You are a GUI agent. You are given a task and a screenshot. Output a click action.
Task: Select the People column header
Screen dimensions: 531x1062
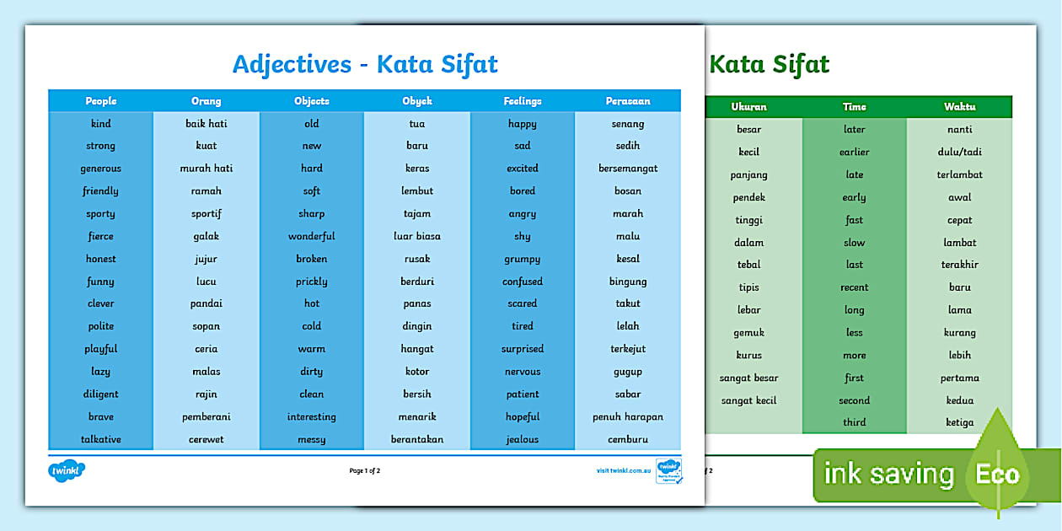click(101, 101)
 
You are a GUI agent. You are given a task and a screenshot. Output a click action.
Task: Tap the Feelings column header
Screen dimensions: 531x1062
click(523, 101)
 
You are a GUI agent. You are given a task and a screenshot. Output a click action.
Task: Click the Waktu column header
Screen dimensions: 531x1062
click(959, 107)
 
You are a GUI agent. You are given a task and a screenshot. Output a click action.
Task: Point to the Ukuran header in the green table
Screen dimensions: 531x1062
click(748, 107)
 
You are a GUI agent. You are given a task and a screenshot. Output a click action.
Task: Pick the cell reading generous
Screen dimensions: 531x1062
click(101, 169)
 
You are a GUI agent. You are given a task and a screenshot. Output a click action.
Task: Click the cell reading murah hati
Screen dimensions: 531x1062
click(206, 169)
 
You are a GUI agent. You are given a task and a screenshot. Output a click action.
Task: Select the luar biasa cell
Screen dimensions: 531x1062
click(417, 237)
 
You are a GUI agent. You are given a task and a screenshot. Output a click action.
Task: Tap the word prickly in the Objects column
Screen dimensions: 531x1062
click(312, 282)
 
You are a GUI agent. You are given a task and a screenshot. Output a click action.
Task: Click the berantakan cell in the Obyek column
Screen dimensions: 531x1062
click(417, 440)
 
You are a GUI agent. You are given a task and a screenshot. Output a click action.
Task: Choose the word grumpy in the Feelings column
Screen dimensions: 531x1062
click(523, 260)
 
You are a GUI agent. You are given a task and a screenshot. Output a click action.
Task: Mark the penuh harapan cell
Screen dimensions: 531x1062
click(628, 417)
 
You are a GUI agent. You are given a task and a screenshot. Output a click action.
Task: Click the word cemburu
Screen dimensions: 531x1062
click(628, 440)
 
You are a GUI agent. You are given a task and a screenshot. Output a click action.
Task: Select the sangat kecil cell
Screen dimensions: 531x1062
click(748, 401)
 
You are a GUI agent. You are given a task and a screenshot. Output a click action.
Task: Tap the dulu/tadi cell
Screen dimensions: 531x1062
click(959, 153)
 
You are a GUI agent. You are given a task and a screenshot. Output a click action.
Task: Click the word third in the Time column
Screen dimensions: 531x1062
click(855, 423)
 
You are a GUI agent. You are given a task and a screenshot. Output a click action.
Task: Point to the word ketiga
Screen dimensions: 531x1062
click(959, 423)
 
